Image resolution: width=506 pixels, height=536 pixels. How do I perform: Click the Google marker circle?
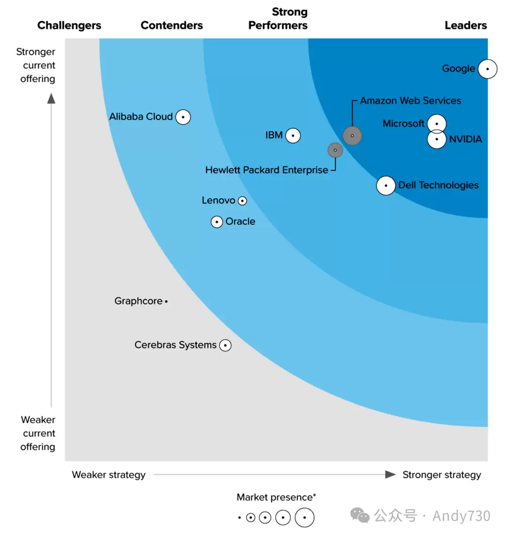(x=487, y=69)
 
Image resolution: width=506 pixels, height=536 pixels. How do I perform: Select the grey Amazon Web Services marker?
(x=352, y=136)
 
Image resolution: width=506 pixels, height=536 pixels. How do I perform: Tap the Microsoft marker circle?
(x=437, y=123)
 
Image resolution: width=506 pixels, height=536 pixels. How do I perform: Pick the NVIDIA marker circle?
(x=437, y=139)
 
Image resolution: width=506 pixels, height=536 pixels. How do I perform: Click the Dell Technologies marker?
(x=386, y=186)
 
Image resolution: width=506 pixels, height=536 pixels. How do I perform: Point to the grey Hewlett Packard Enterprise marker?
(x=335, y=150)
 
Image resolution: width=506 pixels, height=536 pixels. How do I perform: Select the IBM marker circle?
(x=293, y=136)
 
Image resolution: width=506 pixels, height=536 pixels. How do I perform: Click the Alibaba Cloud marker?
(x=183, y=117)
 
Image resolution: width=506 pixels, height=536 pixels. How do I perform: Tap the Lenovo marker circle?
(x=242, y=201)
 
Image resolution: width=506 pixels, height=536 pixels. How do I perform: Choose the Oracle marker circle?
(x=217, y=222)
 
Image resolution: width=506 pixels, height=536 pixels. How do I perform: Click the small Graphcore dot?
(x=166, y=302)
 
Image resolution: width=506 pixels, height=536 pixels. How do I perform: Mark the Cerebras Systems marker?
(x=225, y=345)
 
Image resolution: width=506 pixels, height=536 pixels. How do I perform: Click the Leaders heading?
(x=466, y=25)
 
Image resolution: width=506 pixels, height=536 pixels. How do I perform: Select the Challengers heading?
(x=69, y=25)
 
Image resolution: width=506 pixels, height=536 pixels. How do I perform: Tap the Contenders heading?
(x=171, y=25)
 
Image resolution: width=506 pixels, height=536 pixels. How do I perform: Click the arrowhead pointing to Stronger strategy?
(x=390, y=475)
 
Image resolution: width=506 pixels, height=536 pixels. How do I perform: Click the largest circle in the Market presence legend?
(x=304, y=518)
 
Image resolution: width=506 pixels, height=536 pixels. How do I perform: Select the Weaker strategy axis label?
(x=109, y=475)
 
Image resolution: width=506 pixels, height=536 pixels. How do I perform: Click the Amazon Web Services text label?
(x=410, y=100)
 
